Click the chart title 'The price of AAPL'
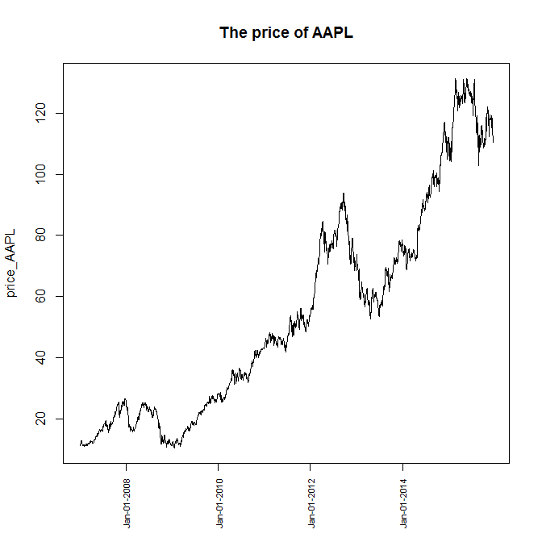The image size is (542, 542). (x=286, y=33)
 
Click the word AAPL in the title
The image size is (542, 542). (x=334, y=33)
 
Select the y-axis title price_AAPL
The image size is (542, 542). (x=12, y=261)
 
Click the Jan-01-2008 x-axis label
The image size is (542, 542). (x=127, y=504)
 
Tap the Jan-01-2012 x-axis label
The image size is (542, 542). (x=311, y=504)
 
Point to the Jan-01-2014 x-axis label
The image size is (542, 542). (x=403, y=504)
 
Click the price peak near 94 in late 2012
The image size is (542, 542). (x=344, y=194)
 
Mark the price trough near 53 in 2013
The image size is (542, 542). (x=370, y=318)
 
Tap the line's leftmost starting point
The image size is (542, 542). (x=80, y=443)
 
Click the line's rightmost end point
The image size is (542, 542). (x=493, y=142)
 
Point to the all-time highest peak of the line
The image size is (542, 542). (x=456, y=79)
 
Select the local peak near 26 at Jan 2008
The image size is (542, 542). (x=125, y=398)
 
